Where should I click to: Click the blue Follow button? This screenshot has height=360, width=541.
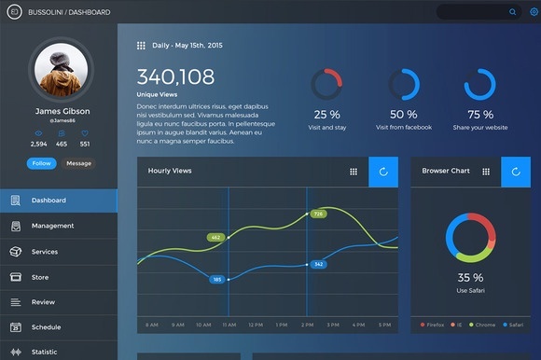pos(41,163)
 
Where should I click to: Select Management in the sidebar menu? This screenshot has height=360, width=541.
pos(52,226)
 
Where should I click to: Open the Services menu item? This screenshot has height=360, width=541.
pos(45,252)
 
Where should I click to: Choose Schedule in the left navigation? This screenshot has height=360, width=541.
pos(46,327)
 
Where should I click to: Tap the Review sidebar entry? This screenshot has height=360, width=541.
pos(43,302)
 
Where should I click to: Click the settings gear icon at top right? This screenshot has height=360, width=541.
pos(534,12)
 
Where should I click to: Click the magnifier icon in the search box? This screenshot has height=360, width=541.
pos(512,12)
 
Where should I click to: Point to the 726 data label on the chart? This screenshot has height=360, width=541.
pos(318,214)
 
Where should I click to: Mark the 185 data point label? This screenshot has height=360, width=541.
pos(217,279)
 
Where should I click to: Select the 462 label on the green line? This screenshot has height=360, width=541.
pos(216,238)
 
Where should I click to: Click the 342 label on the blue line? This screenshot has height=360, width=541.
pos(318,264)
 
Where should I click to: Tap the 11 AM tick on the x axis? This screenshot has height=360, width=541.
pos(229,325)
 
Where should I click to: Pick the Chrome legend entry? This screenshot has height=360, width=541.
pos(484,325)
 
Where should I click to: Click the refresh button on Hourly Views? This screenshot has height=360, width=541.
pos(383,172)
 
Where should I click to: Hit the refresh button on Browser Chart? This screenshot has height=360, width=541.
pos(516,172)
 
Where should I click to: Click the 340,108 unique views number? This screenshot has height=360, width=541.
pos(175,77)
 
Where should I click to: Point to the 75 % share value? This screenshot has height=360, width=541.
pos(480,115)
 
